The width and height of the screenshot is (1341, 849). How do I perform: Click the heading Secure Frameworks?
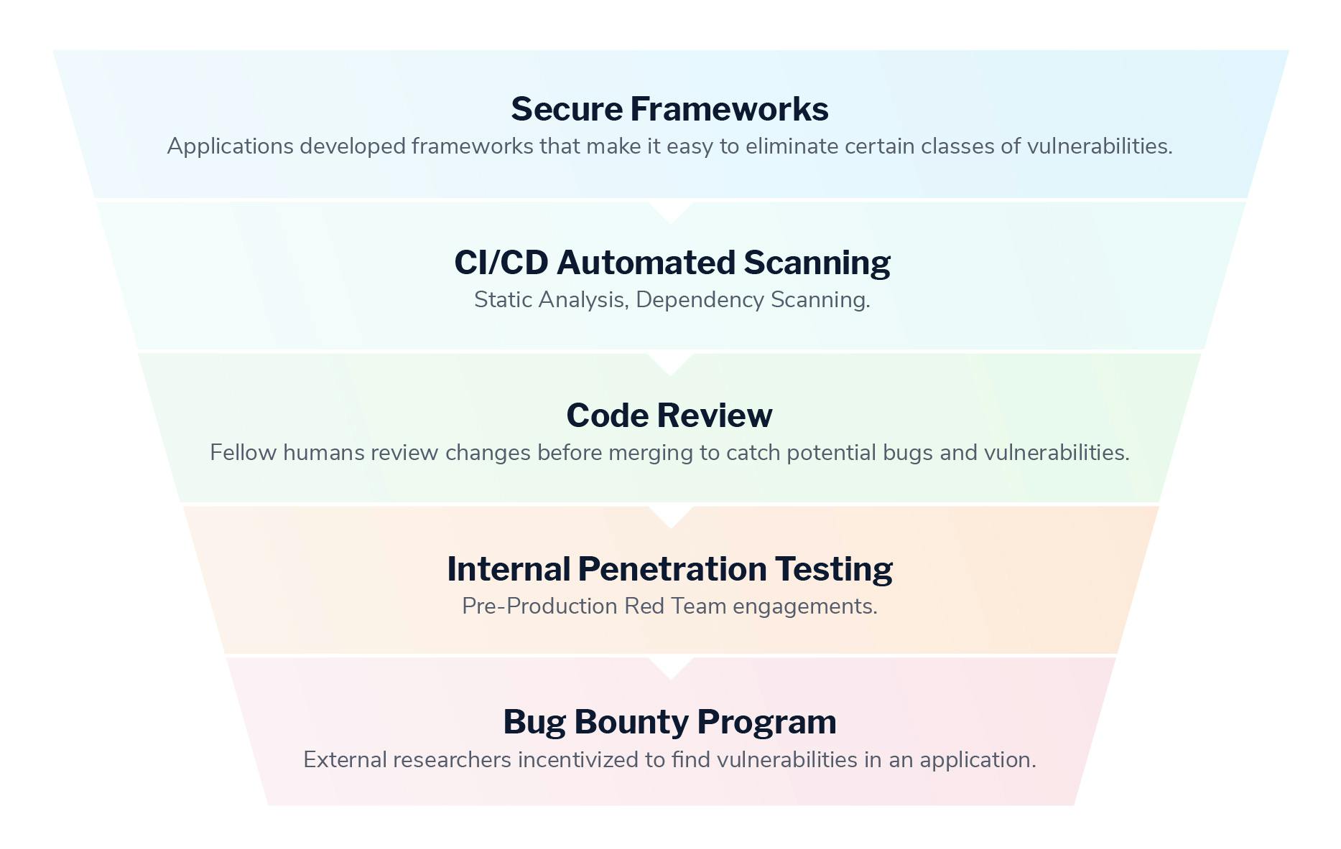tap(669, 109)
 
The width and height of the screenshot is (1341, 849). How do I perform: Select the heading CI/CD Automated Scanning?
tap(672, 263)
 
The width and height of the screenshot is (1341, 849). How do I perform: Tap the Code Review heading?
tap(669, 416)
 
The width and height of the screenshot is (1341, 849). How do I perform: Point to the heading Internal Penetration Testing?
tap(669, 569)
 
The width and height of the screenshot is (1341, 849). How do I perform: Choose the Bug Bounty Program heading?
tap(669, 722)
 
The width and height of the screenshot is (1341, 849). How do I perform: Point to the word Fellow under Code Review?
tap(243, 453)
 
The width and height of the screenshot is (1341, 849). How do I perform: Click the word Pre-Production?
tap(539, 606)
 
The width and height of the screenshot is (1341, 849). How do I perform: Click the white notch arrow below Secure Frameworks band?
tap(670, 212)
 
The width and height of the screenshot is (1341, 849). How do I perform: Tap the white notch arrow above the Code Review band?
tap(670, 364)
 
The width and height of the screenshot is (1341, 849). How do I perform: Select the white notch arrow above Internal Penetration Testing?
tap(670, 517)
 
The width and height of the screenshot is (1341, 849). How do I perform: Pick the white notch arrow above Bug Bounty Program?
tap(670, 668)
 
